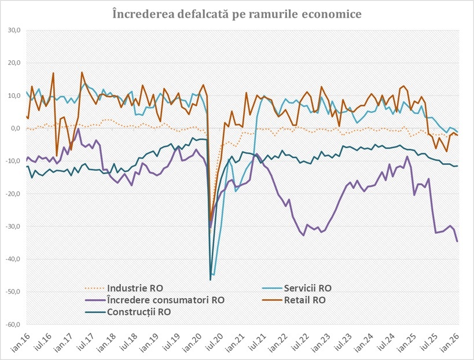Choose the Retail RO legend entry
click(304, 300)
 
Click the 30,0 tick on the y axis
click(14, 30)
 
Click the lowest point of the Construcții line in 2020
click(211, 280)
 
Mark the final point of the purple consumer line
click(458, 241)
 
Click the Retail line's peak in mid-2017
click(82, 72)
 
